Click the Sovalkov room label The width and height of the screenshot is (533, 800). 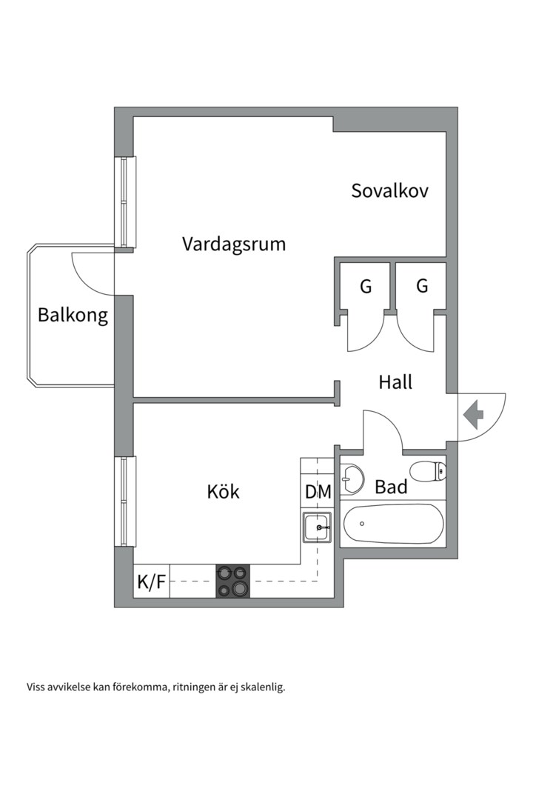coord(389,191)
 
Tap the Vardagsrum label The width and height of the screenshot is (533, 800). coord(234,244)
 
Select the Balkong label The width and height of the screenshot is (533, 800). coord(73,315)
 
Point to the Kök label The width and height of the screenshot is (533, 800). coord(223,491)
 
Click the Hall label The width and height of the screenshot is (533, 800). coord(395,382)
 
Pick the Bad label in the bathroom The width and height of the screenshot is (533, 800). coord(391,487)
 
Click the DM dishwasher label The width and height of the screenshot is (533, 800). coord(318,492)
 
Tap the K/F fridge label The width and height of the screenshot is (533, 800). coord(152,581)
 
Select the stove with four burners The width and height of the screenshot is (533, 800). coord(233,581)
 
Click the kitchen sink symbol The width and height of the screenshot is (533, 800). coord(317,527)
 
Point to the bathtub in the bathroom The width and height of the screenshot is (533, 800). coord(393,524)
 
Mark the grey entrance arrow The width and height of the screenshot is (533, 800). coord(473,414)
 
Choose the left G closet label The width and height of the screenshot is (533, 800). coord(366,287)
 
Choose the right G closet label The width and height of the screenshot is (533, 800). coord(422,286)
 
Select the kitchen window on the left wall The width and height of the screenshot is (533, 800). coord(125,502)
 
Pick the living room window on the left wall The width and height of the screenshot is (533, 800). coord(125,202)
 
